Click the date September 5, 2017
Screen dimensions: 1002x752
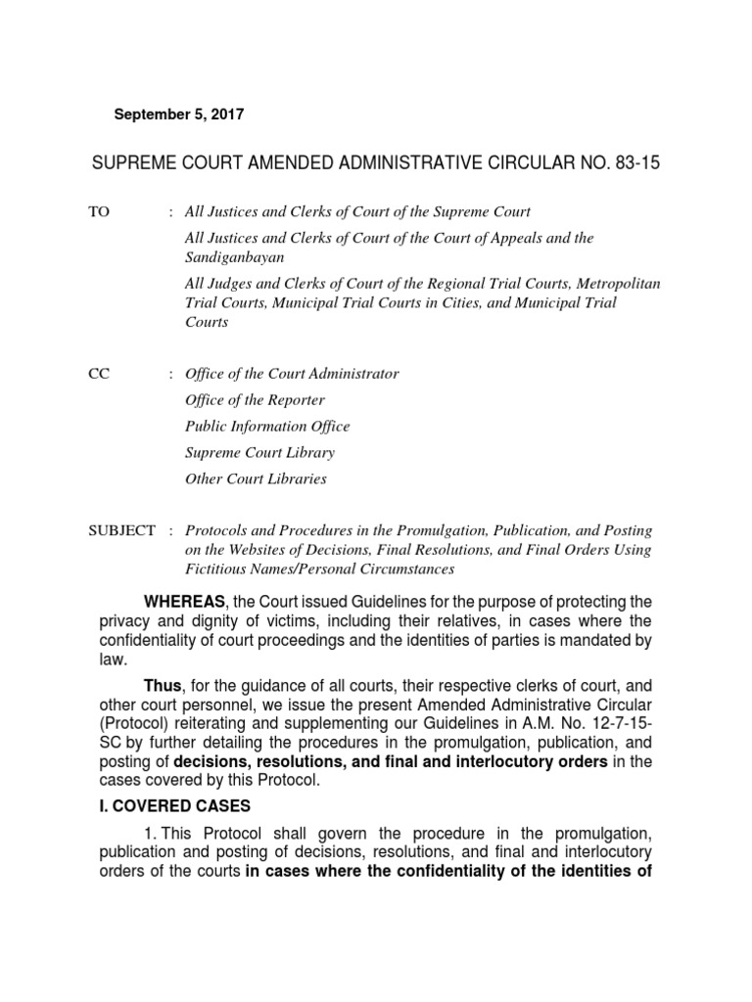pos(179,114)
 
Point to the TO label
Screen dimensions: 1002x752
pos(100,211)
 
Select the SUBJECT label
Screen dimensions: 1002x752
pos(121,530)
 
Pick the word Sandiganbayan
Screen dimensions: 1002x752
pos(235,256)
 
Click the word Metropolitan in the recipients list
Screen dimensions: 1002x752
pos(618,284)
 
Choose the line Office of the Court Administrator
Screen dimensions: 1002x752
pos(292,374)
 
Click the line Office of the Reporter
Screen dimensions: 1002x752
pos(255,400)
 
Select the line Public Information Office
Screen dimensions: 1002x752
pos(267,427)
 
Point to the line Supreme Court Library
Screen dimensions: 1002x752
pos(259,453)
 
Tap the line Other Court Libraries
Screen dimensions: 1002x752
pos(256,479)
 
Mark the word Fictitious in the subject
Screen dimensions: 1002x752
pos(216,569)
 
